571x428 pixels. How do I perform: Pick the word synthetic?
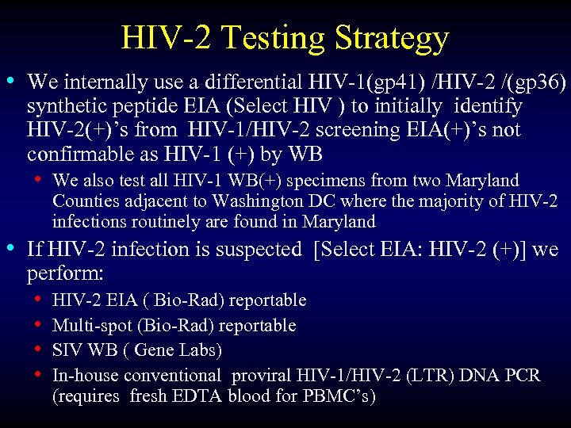[66, 106]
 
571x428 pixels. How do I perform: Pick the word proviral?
[275, 375]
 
